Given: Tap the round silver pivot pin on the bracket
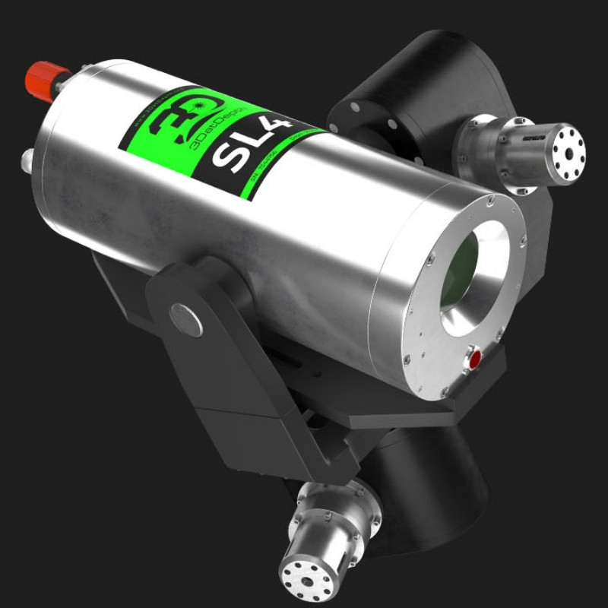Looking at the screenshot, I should tap(185, 319).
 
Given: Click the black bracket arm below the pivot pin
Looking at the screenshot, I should tap(228, 395).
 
